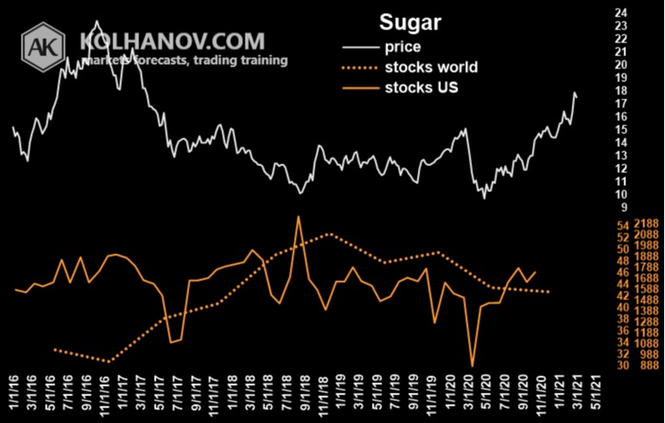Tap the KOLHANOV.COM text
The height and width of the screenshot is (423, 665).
click(171, 41)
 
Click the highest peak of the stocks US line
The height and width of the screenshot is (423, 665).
click(298, 216)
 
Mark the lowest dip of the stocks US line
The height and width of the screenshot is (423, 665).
click(472, 367)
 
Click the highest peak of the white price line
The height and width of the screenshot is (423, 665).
click(96, 21)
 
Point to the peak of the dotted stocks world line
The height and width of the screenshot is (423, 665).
click(329, 234)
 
